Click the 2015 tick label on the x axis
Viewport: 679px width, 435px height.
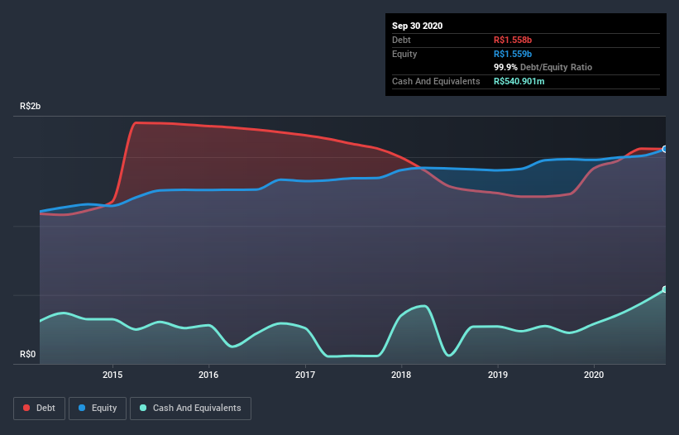(x=112, y=375)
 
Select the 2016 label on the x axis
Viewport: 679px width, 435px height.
(x=209, y=375)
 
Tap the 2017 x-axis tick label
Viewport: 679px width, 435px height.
(x=305, y=375)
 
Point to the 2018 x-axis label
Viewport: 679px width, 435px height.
(x=402, y=375)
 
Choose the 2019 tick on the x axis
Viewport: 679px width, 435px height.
(x=498, y=375)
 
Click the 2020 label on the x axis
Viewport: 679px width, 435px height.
(x=594, y=375)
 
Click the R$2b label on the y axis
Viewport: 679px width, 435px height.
(x=30, y=107)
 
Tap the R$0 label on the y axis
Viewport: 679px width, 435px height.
(x=28, y=355)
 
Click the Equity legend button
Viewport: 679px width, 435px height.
(x=98, y=408)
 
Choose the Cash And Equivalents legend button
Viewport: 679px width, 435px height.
(x=190, y=408)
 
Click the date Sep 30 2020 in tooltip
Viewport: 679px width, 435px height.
(x=418, y=26)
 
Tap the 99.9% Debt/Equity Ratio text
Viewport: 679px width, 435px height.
(x=543, y=67)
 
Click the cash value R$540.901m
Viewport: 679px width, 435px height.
(x=524, y=81)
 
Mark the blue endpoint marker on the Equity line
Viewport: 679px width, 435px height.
(x=665, y=149)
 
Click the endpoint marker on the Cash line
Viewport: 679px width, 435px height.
(x=665, y=289)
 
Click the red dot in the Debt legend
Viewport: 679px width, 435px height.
(x=27, y=408)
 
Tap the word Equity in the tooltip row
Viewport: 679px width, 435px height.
(x=404, y=54)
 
